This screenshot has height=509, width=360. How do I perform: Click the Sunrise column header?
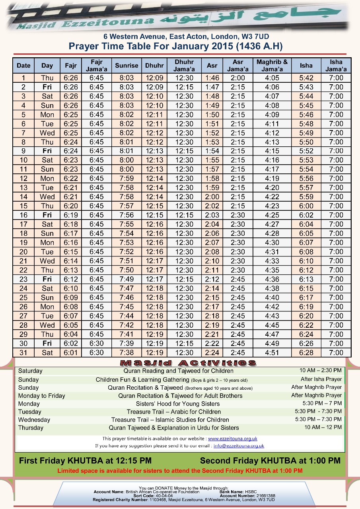pyautogui.click(x=126, y=66)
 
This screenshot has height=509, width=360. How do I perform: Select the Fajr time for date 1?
pyautogui.click(x=71, y=78)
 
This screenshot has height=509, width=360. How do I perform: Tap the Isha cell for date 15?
pyautogui.click(x=306, y=206)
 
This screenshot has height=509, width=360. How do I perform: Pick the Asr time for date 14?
pyautogui.click(x=212, y=197)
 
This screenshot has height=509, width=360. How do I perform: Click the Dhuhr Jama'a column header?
pyautogui.click(x=184, y=66)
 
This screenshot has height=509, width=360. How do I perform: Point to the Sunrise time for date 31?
pyautogui.click(x=126, y=353)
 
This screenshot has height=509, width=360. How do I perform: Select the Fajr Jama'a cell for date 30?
pyautogui.click(x=97, y=344)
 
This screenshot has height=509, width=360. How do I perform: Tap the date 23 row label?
pyautogui.click(x=23, y=279)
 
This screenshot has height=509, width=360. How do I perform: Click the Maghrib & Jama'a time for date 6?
pyautogui.click(x=272, y=124)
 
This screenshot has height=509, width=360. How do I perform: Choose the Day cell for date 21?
pyautogui.click(x=47, y=261)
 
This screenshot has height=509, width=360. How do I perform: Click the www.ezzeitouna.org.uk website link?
pyautogui.click(x=233, y=439)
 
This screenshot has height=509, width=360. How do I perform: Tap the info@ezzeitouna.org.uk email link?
pyautogui.click(x=239, y=446)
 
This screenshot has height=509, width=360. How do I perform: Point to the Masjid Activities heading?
pyautogui.click(x=188, y=363)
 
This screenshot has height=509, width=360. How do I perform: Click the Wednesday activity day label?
pyautogui.click(x=34, y=420)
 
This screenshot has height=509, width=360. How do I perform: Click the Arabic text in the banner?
pyautogui.click(x=255, y=17)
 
